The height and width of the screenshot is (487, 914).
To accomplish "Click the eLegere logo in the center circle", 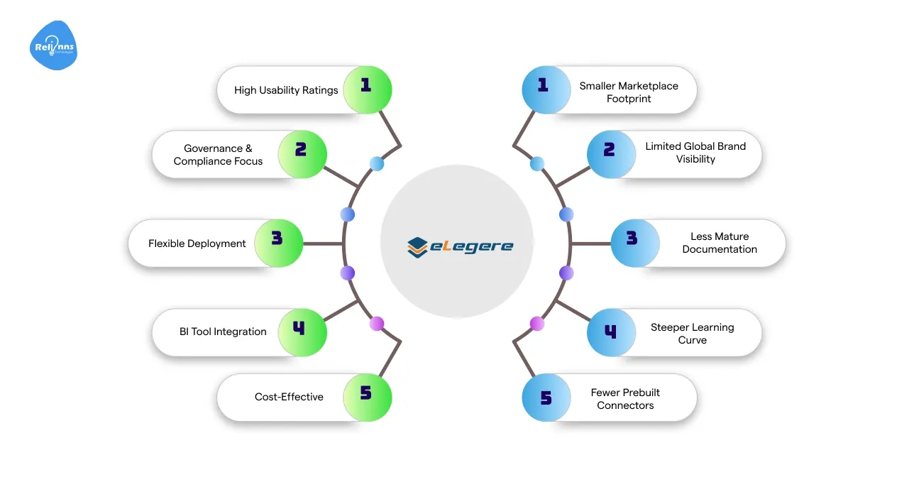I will click(460, 246).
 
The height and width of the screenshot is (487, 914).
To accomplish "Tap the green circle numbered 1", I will click(367, 90).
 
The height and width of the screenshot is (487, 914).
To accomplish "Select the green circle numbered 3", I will click(278, 243).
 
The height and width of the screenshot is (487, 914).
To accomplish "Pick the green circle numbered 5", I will click(367, 397).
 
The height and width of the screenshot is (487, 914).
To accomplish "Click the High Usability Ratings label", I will click(286, 90).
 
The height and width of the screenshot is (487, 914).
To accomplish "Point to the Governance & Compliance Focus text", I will click(218, 155).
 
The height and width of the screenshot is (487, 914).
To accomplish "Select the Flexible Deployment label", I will click(197, 243).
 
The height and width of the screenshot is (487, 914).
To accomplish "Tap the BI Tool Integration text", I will click(223, 332).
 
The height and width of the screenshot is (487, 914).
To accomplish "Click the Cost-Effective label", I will click(289, 397).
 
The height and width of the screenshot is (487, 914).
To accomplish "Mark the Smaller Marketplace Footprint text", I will click(629, 92).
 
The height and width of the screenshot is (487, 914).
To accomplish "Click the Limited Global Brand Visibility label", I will click(695, 153).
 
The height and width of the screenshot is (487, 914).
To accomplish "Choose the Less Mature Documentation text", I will click(720, 243).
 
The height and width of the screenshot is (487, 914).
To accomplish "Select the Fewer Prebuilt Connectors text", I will click(625, 399).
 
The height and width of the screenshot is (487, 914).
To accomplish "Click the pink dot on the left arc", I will click(377, 324).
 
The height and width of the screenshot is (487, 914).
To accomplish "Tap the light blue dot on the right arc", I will click(537, 164).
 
